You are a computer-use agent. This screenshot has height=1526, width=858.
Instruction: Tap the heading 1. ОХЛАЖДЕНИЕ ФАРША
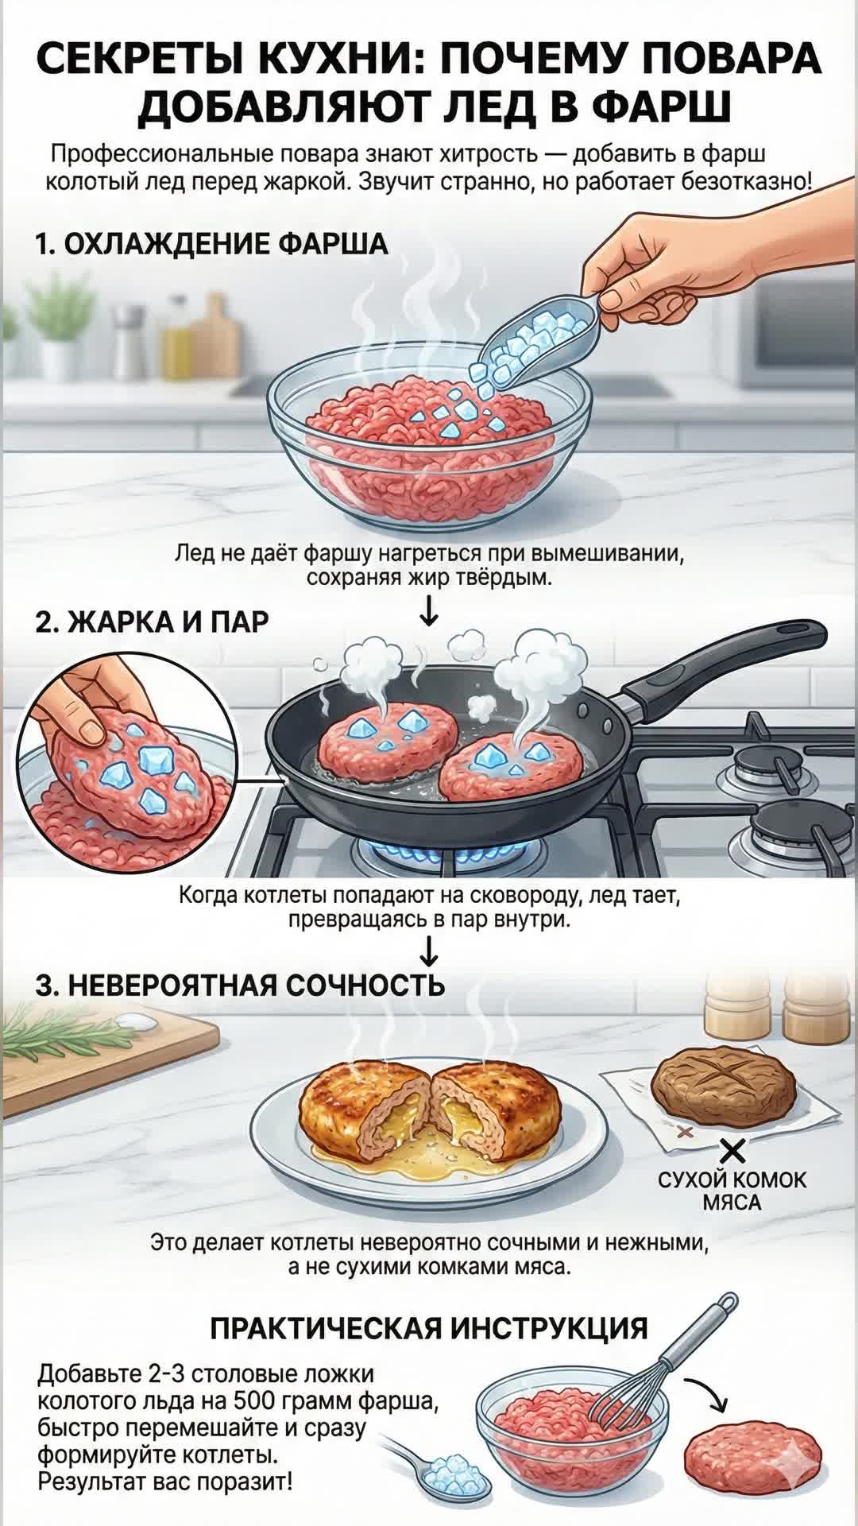[211, 243]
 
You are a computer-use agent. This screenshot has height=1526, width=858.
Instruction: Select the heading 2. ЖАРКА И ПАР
[152, 622]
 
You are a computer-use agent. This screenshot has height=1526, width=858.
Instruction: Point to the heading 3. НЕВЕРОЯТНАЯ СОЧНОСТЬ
[240, 985]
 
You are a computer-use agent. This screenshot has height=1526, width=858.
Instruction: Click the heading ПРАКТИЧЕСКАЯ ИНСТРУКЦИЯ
[429, 1329]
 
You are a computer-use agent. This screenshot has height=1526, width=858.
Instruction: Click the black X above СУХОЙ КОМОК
[732, 1151]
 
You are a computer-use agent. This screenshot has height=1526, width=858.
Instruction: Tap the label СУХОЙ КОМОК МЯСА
[732, 1191]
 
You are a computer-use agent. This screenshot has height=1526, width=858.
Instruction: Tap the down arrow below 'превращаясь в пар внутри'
[429, 951]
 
